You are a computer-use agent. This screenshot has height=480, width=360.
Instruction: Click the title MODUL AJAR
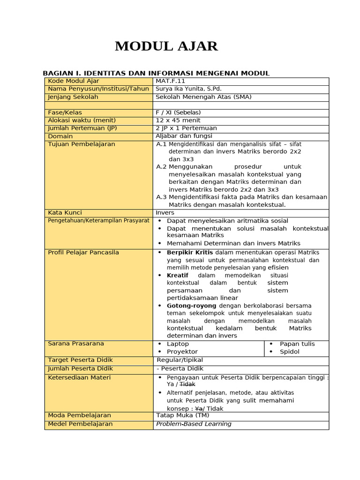[x=166, y=46]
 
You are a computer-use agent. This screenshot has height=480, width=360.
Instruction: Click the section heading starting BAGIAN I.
[x=156, y=73]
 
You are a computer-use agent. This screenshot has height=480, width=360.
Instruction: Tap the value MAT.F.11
[x=171, y=81]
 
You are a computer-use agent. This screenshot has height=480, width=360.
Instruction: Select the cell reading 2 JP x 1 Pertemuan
[x=186, y=128]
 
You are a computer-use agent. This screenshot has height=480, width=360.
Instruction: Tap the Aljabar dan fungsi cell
[x=184, y=136]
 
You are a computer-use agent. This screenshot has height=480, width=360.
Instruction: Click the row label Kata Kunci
[x=65, y=213]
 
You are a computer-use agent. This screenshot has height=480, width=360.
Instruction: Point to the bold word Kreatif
[x=178, y=275]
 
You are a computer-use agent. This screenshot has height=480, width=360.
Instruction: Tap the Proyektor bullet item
[x=182, y=352]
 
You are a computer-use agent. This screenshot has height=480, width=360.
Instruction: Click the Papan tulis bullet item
[x=297, y=344]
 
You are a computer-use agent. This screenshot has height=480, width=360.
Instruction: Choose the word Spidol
[x=289, y=352]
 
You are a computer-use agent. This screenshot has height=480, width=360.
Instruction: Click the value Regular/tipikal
[x=180, y=360]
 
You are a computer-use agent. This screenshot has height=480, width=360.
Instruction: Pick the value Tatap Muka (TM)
[x=182, y=415]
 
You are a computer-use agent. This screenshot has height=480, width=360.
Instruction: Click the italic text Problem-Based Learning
[x=194, y=424]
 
